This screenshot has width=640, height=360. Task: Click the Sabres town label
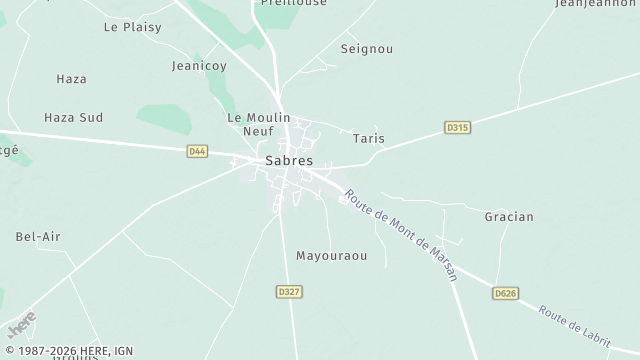(289, 160)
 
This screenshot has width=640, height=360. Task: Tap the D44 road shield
(197, 151)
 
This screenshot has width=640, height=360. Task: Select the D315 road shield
(458, 127)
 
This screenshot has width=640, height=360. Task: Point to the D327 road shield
(289, 291)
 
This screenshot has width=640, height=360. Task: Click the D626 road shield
(506, 294)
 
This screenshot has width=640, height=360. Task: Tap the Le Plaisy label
(132, 27)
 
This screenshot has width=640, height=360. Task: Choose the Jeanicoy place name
(199, 66)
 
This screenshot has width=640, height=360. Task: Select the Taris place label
(369, 139)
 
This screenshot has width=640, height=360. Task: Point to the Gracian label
(509, 216)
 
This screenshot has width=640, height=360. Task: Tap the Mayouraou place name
(332, 256)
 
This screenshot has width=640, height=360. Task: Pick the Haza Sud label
(74, 117)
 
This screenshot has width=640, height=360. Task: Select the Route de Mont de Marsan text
(401, 235)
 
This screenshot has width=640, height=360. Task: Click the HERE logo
(21, 326)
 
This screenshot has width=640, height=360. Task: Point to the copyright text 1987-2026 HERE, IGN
(68, 352)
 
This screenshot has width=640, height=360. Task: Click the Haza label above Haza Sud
(71, 78)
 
